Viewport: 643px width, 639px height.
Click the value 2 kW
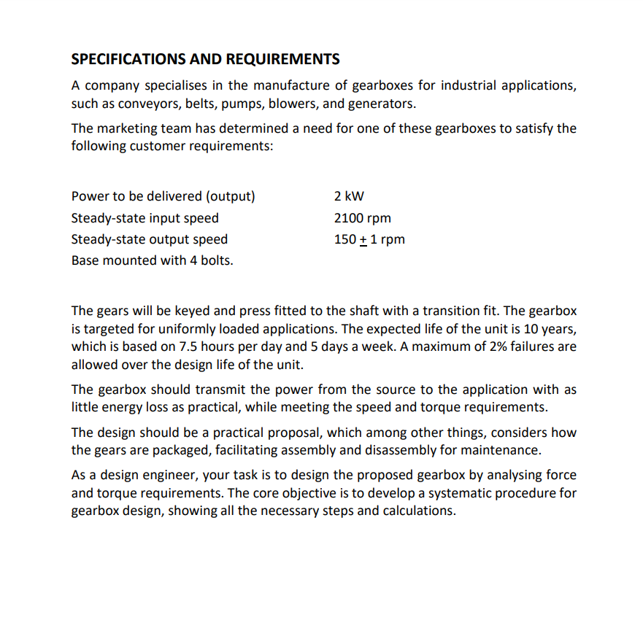coord(349,196)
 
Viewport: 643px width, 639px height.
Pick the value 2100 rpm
coord(362,217)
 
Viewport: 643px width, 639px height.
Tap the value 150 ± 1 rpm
coord(369,239)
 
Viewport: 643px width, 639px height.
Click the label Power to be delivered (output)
coord(163,196)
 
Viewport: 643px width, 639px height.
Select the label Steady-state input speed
coord(145,217)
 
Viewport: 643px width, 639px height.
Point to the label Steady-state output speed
coord(149,239)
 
